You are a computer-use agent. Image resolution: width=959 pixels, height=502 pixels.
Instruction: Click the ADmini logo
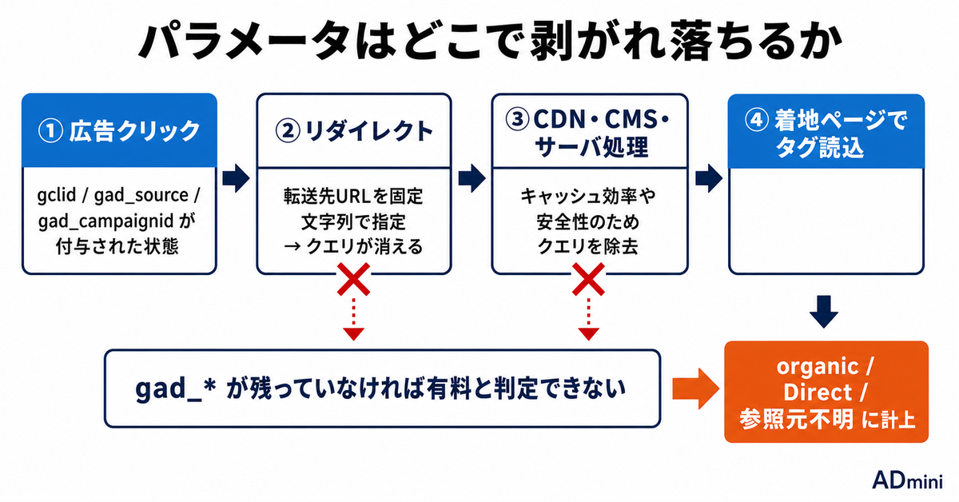(907, 480)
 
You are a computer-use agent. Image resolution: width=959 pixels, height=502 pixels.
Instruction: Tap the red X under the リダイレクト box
(353, 279)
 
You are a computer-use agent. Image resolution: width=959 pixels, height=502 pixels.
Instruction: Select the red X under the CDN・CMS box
(589, 279)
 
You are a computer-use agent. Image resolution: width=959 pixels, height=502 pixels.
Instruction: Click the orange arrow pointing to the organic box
(695, 388)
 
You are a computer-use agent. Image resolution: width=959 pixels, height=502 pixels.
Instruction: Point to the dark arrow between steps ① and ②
(236, 177)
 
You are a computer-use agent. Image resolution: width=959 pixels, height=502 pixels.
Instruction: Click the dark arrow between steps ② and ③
(472, 177)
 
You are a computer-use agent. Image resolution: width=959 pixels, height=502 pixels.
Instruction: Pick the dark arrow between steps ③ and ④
(709, 177)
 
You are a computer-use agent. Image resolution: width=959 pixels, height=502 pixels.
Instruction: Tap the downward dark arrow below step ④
(824, 312)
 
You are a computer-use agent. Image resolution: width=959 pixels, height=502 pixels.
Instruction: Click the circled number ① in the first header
(51, 130)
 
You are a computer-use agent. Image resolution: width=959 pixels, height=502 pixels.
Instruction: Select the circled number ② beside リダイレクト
(287, 130)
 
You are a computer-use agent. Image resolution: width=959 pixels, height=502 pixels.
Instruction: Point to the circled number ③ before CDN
(517, 118)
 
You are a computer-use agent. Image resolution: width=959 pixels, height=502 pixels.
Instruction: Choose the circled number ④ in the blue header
(757, 119)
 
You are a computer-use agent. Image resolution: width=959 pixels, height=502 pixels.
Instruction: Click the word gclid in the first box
(57, 196)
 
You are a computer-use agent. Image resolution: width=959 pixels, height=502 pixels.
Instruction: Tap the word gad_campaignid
(105, 222)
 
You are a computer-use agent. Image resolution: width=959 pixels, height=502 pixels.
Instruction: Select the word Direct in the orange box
(818, 392)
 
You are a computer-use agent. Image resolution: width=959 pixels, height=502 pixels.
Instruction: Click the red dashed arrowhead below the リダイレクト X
(353, 334)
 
